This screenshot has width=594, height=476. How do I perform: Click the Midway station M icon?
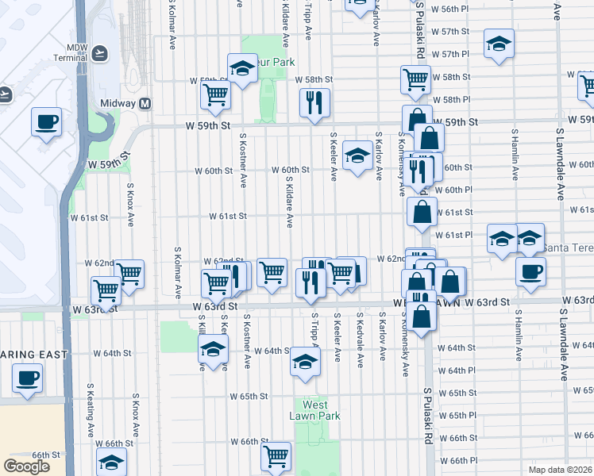click(x=145, y=103)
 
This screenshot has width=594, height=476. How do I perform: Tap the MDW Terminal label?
click(x=68, y=52)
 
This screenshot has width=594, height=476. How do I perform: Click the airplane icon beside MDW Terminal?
click(x=98, y=53)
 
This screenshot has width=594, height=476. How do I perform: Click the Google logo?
click(x=26, y=466)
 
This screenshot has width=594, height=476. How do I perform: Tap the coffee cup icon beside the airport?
click(x=46, y=122)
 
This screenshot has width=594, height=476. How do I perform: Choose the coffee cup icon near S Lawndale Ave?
click(x=530, y=271)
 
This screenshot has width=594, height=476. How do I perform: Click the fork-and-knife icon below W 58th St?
click(x=315, y=102)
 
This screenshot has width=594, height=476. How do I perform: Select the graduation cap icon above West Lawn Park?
click(x=303, y=361)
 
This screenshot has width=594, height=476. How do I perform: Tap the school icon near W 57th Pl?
click(x=499, y=43)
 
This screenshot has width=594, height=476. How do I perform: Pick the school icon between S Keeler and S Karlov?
click(x=357, y=155)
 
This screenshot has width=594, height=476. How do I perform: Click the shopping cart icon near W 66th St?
click(x=276, y=455)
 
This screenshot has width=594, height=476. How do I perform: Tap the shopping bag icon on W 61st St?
click(x=422, y=211)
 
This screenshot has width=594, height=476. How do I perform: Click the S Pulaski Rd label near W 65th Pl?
click(x=427, y=415)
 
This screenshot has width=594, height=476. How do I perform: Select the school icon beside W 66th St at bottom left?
click(x=111, y=460)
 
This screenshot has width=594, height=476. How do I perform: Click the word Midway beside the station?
click(x=118, y=103)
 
